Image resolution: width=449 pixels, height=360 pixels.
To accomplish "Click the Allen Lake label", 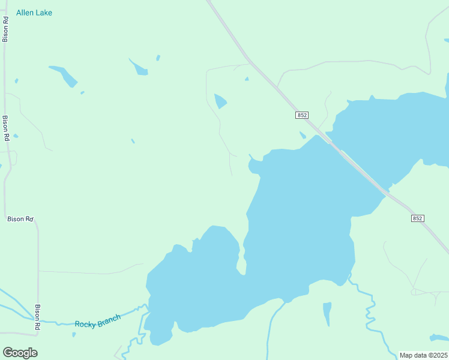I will pos(34,13).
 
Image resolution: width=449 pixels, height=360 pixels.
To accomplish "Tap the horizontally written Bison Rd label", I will pos(20,219).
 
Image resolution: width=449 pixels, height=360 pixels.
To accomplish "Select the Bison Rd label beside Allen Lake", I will pos(5,29).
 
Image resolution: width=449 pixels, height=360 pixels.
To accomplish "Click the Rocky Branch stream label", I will pos(97,320).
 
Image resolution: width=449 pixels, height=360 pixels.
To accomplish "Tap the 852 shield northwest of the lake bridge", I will pos(302,115).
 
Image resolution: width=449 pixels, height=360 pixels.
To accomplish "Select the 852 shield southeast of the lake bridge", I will pos(418,218).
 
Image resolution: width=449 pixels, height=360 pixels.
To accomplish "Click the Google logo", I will pos(20,353).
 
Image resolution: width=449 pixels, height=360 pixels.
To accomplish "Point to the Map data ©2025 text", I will pos(423,355).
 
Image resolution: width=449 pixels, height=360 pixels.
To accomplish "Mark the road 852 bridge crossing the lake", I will pos(357,167).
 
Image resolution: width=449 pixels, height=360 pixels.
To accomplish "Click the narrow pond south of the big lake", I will pos(327,313).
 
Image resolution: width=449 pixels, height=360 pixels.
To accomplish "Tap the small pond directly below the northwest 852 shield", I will pos(303,135).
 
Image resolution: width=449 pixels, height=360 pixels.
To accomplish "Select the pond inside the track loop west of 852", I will pos(220,101).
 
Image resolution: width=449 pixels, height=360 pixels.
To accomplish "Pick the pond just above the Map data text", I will pos(440,337).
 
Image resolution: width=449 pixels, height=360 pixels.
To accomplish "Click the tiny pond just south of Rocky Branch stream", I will pos(74,334).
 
